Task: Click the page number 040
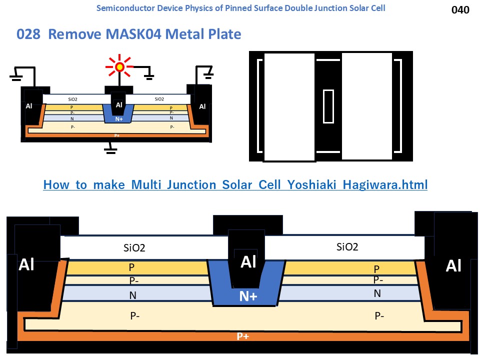460,9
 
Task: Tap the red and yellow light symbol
119,66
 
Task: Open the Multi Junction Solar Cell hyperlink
235,185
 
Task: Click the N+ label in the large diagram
248,296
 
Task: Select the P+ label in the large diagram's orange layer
242,336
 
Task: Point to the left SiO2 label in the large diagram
134,247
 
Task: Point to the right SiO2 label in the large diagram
347,246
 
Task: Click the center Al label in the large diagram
248,262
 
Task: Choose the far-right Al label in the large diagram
453,266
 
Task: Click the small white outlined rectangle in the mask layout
328,106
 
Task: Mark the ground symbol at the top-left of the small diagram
16,75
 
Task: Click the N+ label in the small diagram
118,119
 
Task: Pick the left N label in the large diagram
132,295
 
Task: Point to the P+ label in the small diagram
117,135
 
